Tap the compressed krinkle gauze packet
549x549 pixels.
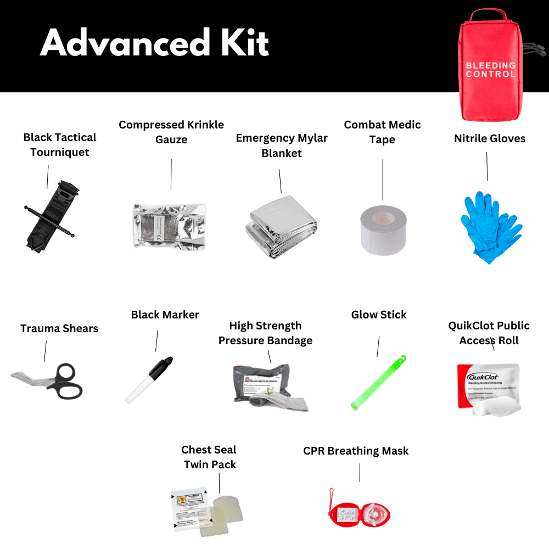coord(170,226)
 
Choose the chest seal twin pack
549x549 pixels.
coord(204,508)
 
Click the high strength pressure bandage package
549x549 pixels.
coord(270,387)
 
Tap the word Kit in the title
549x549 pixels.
coord(239,42)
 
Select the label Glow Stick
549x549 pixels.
coord(379,315)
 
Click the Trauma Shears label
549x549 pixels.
coord(59,328)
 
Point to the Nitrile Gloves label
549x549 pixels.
coord(490,138)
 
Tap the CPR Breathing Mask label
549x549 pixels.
coord(356,451)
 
